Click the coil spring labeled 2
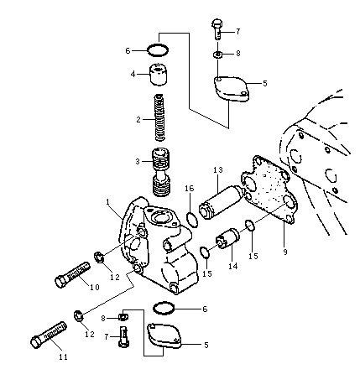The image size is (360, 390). coord(159,117)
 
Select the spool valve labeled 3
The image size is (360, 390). coord(162,172)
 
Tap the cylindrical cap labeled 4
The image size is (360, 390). coord(159,75)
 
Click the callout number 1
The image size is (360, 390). coord(107,201)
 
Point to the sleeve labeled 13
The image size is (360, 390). coord(221,204)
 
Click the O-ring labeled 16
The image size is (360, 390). coord(192,219)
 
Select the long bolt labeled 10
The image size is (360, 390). coord(73,274)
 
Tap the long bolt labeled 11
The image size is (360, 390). coord(48,335)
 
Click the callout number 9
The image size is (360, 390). coord(285,252)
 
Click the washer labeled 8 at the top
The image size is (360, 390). coord(217,54)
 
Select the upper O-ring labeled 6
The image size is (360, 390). coord(158,50)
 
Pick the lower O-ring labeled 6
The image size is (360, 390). coord(164,308)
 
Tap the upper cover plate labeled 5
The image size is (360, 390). coord(231,89)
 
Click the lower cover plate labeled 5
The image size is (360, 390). coord(164,335)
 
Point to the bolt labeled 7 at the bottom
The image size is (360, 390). coord(124,336)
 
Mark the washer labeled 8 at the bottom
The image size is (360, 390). coord(123,316)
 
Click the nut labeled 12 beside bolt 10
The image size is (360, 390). coord(98,257)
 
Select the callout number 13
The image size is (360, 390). coord(218,169)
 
